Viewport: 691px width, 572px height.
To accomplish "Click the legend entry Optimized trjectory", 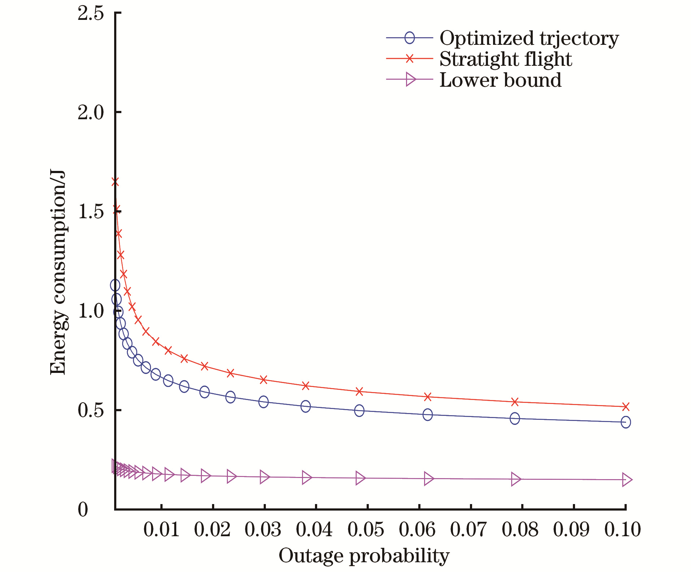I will tap(529, 38).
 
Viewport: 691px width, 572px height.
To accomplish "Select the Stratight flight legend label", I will tap(505, 59).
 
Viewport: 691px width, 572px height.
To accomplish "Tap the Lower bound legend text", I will tap(500, 80).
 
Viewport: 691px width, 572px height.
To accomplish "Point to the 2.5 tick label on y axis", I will tap(91, 14).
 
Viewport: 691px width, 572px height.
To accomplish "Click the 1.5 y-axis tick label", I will tap(91, 211).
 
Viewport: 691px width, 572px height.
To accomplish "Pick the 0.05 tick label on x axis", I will tap(366, 530).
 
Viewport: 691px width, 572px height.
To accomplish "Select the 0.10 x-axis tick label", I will tap(623, 530).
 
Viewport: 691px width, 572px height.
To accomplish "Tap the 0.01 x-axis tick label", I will tap(161, 530).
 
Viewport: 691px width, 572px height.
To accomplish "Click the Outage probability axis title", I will tap(364, 555).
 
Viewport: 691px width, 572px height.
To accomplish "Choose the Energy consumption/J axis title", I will tap(58, 273).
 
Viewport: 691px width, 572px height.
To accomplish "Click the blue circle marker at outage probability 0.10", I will tap(626, 422).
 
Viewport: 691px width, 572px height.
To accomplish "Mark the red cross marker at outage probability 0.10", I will tap(626, 407).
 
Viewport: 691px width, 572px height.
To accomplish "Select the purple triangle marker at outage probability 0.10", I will tap(627, 480).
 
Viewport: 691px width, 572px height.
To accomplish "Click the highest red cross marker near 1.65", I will tap(115, 182).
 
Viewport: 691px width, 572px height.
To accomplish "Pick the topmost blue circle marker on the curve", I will tap(115, 285).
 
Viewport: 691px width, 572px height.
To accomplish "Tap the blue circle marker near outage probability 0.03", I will tap(264, 402).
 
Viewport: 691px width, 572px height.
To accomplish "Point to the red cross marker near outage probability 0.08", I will tap(515, 402).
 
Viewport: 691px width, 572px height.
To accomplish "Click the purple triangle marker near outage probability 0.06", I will tap(428, 479).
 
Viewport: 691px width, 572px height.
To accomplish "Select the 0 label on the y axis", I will tap(83, 510).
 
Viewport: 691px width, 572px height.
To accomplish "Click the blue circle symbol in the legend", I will tap(410, 38).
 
